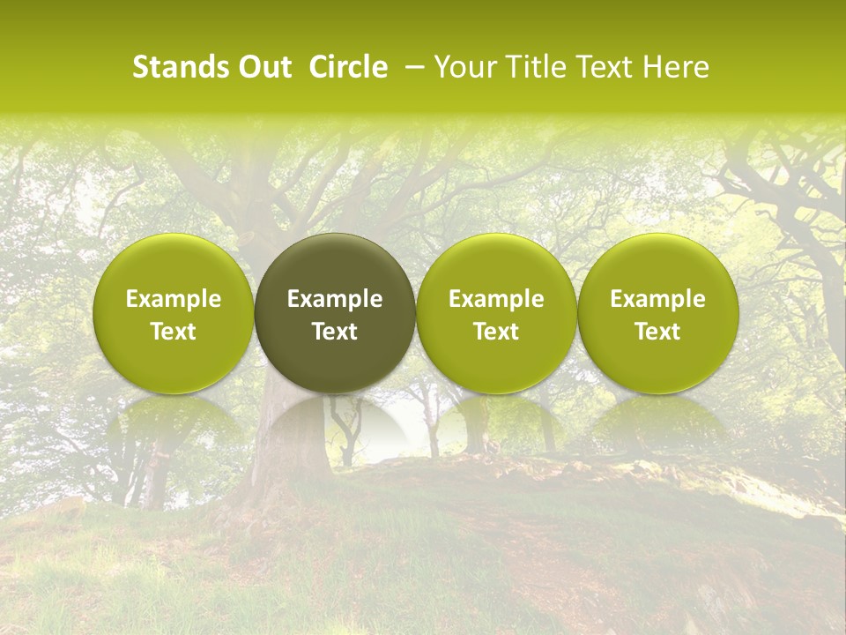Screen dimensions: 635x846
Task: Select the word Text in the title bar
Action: pos(602,67)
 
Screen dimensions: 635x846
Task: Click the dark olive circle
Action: pos(335,265)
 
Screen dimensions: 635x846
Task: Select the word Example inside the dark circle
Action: pos(335,299)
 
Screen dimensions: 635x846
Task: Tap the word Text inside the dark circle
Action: pos(335,332)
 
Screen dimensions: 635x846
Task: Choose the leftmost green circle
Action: pos(173,265)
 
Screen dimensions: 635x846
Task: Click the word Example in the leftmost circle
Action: pos(173,299)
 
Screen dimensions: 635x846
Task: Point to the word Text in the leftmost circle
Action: pos(173,332)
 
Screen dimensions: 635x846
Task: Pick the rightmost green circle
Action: pos(658,265)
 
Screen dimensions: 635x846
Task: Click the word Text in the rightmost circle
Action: pos(658,332)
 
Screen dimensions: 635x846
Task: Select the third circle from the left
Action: pos(496,265)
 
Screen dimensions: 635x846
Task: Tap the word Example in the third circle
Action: pos(496,299)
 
